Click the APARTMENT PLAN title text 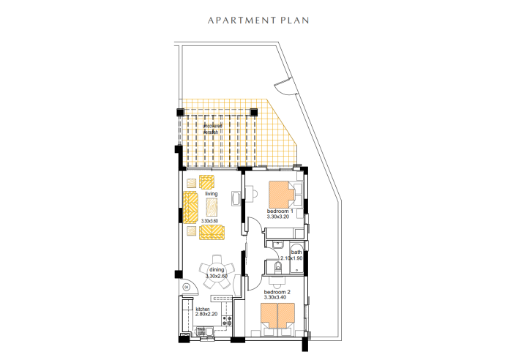[x=258, y=20]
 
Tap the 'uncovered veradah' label [x=215, y=129]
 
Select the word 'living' [x=212, y=194]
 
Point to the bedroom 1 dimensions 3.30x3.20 [x=280, y=217]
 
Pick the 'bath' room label [x=296, y=252]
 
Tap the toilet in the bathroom [x=274, y=273]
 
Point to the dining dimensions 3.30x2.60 [x=217, y=277]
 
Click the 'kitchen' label [x=203, y=309]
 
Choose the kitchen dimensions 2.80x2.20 [x=206, y=315]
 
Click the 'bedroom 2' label [x=278, y=292]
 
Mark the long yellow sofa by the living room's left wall [x=191, y=207]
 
